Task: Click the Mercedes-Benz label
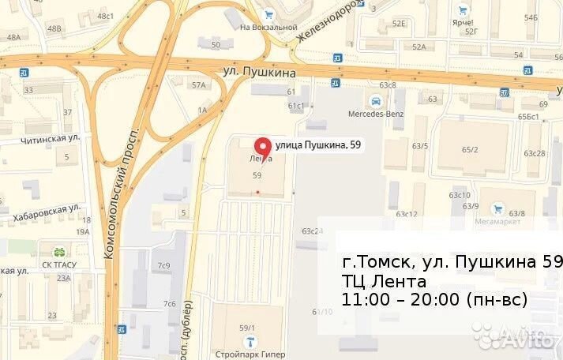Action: (x=376, y=113)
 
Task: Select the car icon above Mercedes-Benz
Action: (x=377, y=100)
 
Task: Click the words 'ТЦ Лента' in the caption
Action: (x=385, y=281)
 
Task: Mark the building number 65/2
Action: (x=471, y=149)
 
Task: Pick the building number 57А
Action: (x=198, y=84)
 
